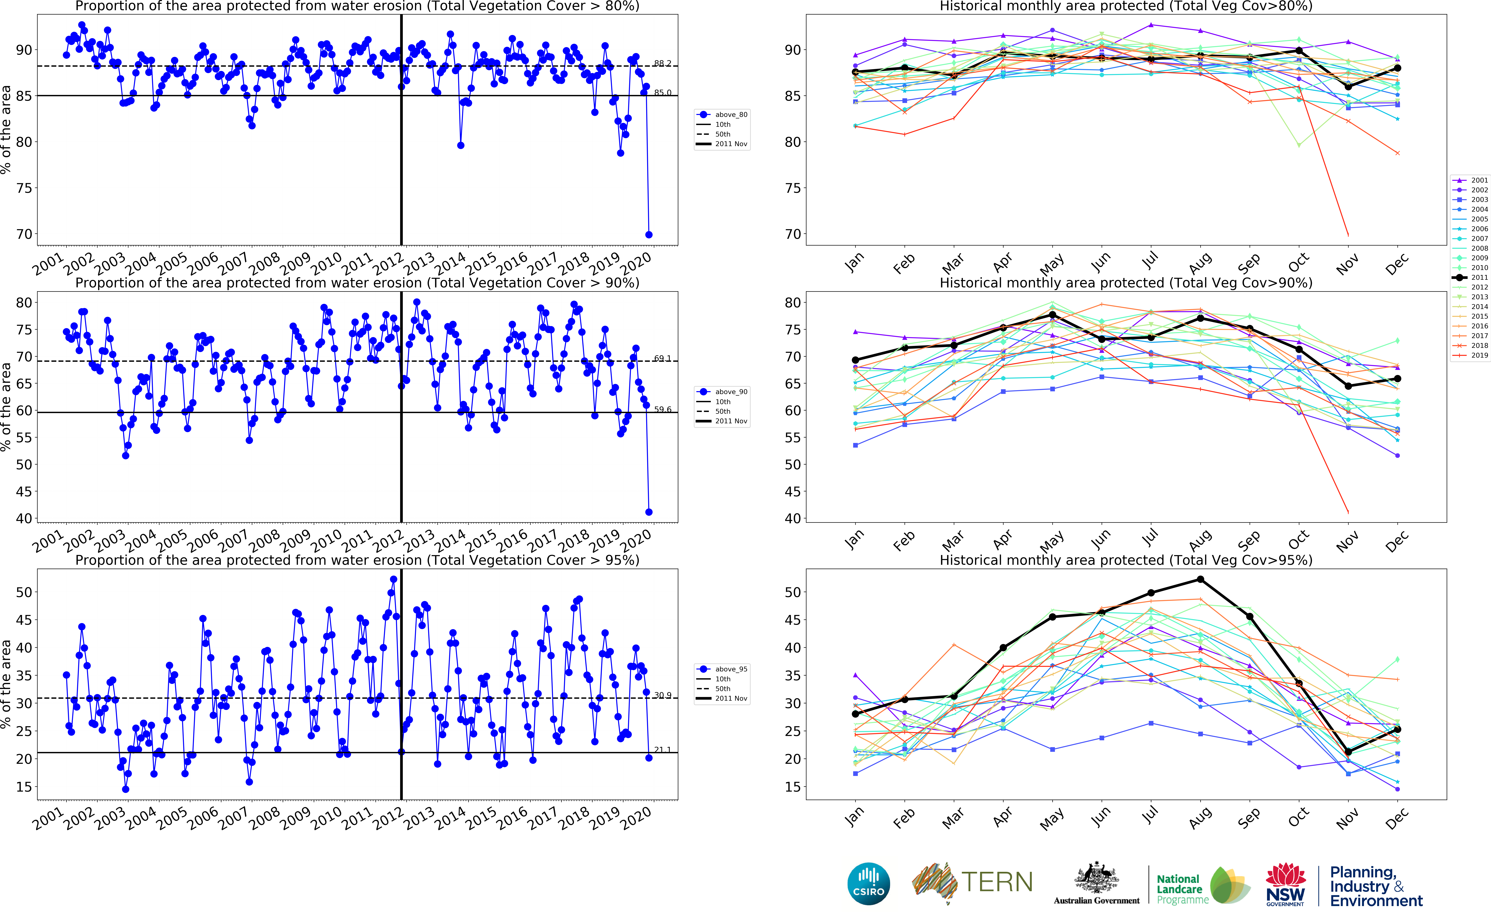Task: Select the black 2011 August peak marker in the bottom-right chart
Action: (x=1200, y=579)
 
